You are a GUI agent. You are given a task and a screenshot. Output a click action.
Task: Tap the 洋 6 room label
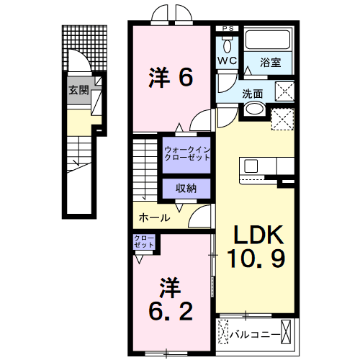tap(171, 76)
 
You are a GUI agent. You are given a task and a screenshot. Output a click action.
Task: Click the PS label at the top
tap(228, 29)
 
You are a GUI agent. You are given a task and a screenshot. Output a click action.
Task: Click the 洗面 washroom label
tap(253, 92)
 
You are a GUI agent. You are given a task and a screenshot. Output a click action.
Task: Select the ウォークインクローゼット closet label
tap(186, 153)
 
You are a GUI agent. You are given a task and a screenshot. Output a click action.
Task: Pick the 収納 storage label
tap(186, 188)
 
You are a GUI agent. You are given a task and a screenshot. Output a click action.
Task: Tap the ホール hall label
tap(153, 217)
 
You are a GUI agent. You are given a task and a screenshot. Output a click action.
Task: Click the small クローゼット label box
tap(144, 242)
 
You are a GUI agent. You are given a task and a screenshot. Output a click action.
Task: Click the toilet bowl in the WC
tap(228, 43)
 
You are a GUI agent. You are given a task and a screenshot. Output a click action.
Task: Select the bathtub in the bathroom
tap(267, 40)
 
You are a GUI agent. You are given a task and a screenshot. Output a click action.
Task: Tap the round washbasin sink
tap(253, 109)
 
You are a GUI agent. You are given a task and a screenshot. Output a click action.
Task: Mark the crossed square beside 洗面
tap(285, 91)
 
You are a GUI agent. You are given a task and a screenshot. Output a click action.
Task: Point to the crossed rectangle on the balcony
tap(289, 333)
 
